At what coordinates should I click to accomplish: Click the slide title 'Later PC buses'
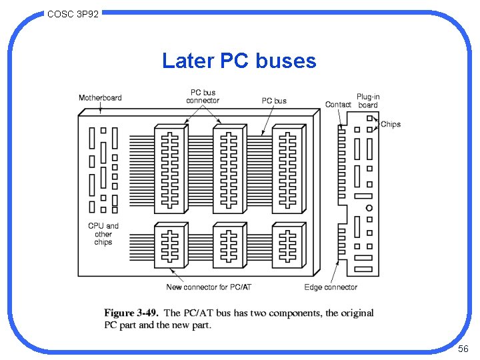point(239,61)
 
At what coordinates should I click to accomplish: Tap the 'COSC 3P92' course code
point(73,13)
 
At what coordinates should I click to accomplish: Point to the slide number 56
point(463,349)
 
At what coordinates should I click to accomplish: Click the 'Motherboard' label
point(100,98)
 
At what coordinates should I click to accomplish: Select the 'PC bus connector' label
point(203,97)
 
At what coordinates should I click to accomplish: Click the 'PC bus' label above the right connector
point(274,101)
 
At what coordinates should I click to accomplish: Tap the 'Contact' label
point(338,105)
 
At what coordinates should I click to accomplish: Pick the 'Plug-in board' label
point(368,101)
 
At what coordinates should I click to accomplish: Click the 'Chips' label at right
point(391,124)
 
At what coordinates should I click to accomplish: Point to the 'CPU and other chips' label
point(103,234)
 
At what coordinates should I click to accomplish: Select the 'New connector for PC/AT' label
point(208,287)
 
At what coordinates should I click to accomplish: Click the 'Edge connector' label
point(331,287)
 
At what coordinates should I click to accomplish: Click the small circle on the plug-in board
point(369,208)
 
